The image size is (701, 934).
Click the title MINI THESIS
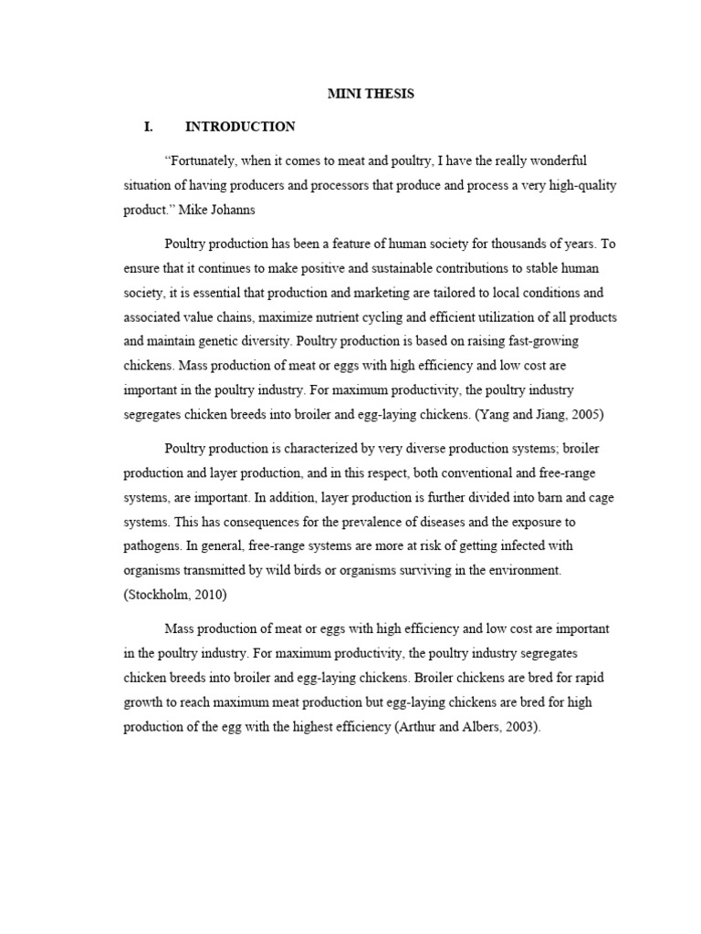(371, 94)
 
